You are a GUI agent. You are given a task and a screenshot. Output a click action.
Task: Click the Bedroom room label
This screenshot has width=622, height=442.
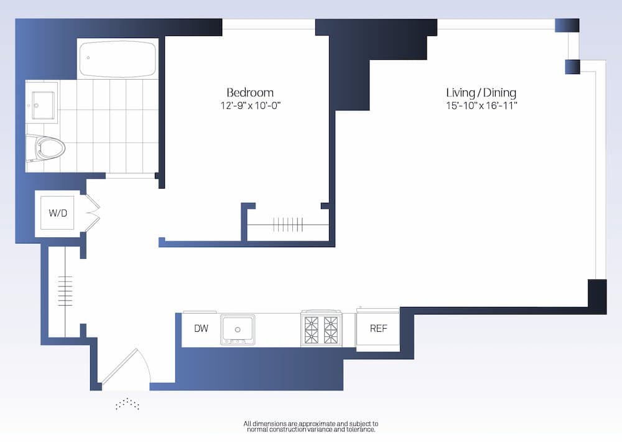[x=249, y=92]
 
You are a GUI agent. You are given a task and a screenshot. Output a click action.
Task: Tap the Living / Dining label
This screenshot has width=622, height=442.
[x=481, y=93]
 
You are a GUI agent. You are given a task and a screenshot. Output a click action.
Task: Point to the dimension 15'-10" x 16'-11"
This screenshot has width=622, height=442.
[x=481, y=105]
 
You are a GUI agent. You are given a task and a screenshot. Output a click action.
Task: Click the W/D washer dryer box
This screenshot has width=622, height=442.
[x=58, y=214]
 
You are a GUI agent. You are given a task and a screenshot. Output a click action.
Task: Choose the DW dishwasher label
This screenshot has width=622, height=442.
[x=200, y=328]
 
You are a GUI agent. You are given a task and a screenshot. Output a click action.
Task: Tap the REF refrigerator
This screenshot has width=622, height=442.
[x=378, y=328]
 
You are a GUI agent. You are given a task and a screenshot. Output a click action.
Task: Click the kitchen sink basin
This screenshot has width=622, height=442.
[x=237, y=328]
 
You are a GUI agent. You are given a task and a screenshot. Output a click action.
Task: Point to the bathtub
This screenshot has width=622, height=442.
[x=118, y=59]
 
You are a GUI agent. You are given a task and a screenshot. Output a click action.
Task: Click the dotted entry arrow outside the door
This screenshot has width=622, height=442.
[x=127, y=404]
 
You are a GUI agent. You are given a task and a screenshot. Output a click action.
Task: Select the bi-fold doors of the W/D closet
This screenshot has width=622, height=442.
[x=91, y=214]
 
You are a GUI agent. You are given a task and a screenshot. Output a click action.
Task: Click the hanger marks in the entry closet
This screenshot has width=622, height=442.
[x=65, y=289]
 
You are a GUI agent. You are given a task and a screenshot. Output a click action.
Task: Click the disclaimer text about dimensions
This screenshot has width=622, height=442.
[x=310, y=426]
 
